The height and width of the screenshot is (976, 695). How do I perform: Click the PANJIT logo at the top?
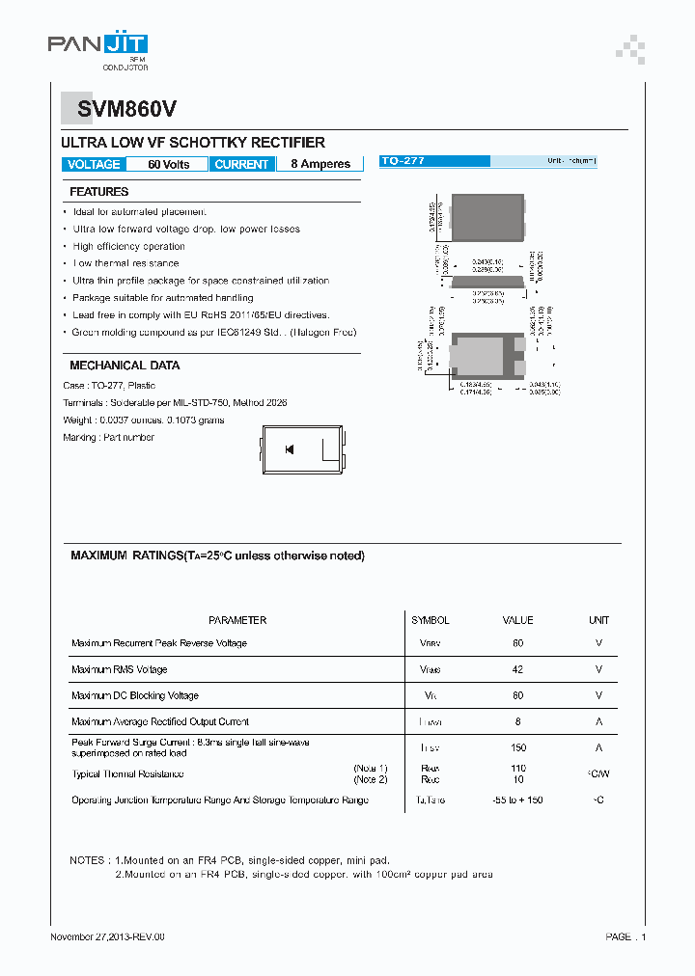click(x=97, y=45)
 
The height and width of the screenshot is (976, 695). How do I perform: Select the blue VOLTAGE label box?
click(x=94, y=164)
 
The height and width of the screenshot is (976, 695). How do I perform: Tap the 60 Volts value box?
click(x=168, y=164)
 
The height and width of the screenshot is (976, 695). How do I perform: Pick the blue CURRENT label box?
click(x=241, y=164)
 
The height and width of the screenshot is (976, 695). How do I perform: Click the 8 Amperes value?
click(x=320, y=164)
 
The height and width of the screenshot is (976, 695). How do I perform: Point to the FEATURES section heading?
click(x=98, y=192)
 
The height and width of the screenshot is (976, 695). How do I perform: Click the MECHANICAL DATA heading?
click(x=125, y=366)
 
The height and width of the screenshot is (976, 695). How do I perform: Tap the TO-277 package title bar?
click(x=487, y=161)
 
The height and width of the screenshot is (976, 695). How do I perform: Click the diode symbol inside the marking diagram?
click(x=289, y=449)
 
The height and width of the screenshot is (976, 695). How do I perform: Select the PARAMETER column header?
click(x=237, y=620)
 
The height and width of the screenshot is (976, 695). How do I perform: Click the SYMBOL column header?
click(x=430, y=620)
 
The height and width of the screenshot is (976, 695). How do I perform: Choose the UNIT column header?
click(x=598, y=620)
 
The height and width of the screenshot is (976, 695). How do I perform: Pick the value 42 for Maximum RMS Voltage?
click(x=518, y=669)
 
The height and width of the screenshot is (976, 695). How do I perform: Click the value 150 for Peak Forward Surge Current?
click(x=518, y=747)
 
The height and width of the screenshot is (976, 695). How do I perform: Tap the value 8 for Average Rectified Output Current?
click(x=518, y=721)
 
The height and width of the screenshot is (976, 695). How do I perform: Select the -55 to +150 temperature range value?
click(x=518, y=800)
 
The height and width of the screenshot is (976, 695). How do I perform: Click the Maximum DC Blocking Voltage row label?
click(x=135, y=695)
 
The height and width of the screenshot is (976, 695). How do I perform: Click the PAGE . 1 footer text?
click(x=625, y=936)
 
